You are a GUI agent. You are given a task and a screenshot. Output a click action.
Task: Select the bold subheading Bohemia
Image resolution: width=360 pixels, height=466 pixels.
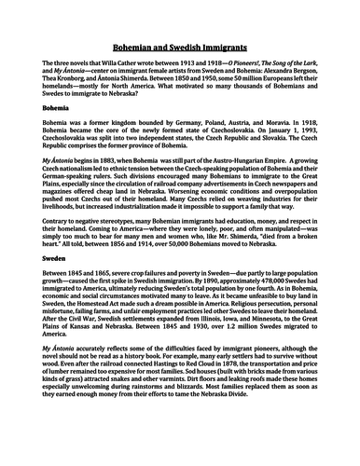[35, 134]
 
